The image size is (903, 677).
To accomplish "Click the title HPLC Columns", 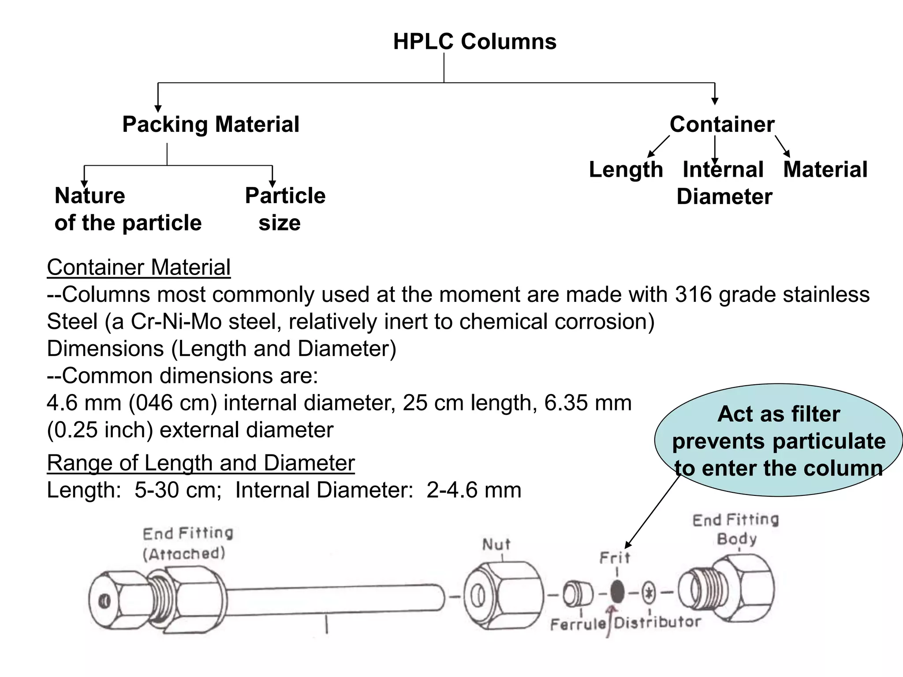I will coord(474,42).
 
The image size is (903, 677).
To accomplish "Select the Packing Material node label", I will coord(211,124).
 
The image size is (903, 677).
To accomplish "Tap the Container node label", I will coord(722,124).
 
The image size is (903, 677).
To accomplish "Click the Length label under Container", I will coord(626,170).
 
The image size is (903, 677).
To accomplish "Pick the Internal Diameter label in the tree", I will coord(724,183).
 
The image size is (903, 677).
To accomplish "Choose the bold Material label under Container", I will coord(825,170).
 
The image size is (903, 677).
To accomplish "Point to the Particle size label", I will coord(285,209).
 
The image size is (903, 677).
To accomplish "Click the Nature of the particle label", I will coord(128,209).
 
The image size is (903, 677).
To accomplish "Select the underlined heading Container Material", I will coord(138,268).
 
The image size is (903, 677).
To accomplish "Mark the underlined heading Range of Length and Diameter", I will coord(201,463).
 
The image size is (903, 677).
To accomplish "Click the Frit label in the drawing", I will coord(615,558).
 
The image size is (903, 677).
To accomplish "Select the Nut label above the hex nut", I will coord(496,545).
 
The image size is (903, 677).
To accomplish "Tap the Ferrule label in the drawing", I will coord(578,624).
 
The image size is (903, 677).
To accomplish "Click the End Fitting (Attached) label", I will coord(187,543).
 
